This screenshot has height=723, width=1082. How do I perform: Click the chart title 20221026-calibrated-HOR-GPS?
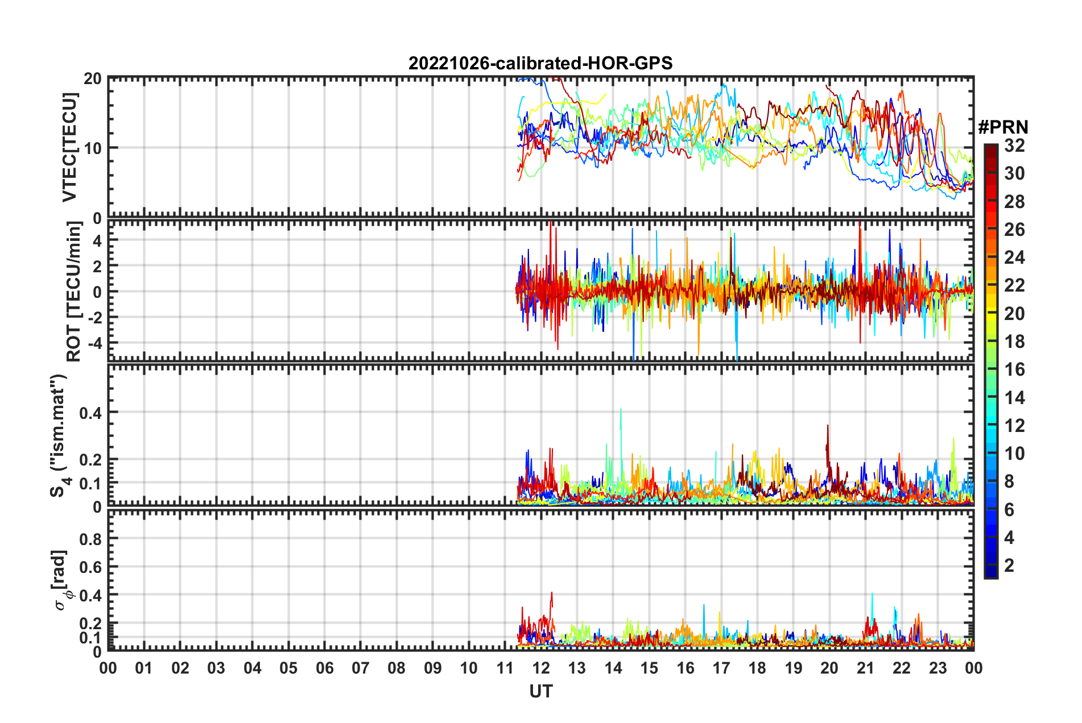point(540,63)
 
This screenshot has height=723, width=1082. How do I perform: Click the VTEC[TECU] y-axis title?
point(69,147)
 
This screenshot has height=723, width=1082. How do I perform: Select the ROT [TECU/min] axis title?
point(74,292)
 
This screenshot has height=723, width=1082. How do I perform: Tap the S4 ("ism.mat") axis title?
point(59,435)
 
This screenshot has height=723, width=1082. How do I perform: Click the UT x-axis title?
point(540,691)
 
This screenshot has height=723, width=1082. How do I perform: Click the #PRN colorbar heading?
point(1003,127)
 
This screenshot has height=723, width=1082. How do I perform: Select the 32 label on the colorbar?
point(1014,146)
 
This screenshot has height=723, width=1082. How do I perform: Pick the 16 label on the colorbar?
point(1014,369)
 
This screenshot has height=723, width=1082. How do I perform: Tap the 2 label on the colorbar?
point(1009,565)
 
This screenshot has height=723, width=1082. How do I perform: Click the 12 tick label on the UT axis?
point(541,668)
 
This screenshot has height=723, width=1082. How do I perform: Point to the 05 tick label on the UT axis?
point(288,668)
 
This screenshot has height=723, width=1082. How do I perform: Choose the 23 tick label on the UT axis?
point(938,668)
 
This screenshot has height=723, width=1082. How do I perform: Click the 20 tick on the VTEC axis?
point(92,79)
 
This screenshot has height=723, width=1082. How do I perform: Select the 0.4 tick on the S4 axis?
point(90,413)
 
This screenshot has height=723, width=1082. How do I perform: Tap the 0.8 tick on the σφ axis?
point(90,539)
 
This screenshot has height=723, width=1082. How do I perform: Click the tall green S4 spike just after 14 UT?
point(621,410)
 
